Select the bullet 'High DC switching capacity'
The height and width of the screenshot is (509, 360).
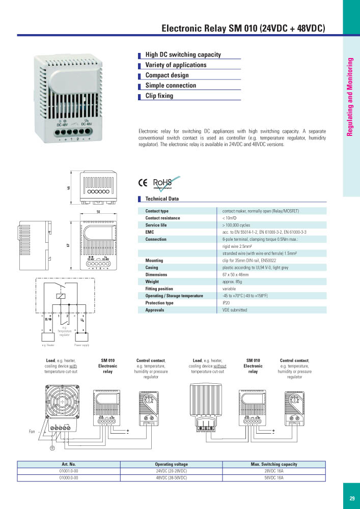click(183, 54)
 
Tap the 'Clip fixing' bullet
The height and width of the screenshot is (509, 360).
click(159, 96)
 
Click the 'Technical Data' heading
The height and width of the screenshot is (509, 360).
click(162, 199)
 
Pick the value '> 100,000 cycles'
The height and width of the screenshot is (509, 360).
click(239, 225)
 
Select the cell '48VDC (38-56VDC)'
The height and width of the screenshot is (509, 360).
click(171, 478)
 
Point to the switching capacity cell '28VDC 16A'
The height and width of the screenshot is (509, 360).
click(274, 471)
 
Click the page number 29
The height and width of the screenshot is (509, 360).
click(352, 498)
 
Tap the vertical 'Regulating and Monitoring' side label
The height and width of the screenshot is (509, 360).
click(350, 97)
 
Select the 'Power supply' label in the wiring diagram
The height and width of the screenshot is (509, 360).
click(81, 345)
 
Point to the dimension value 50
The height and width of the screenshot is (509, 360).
click(97, 211)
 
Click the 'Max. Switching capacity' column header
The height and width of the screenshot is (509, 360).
click(274, 464)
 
